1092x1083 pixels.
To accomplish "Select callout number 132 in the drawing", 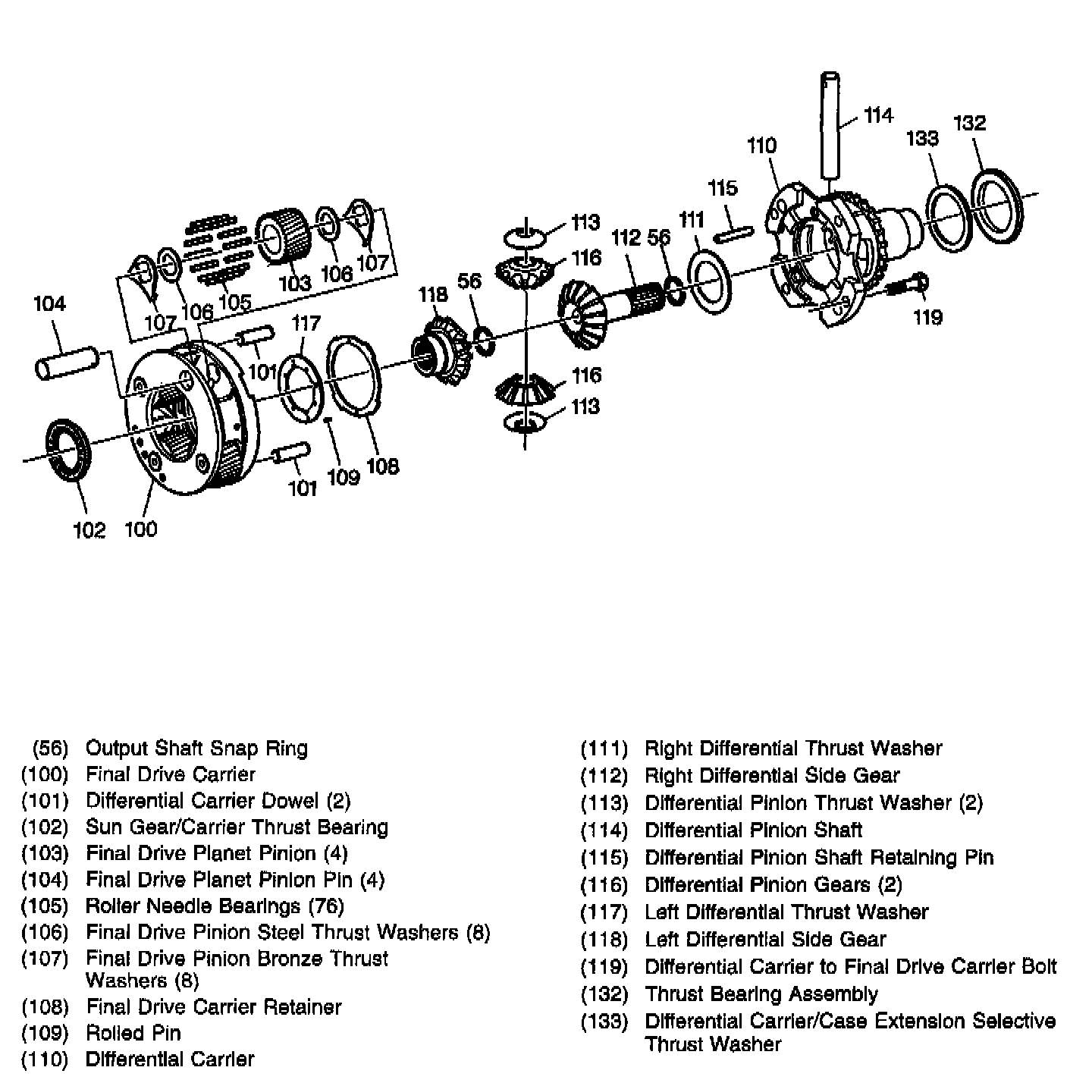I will (x=969, y=123).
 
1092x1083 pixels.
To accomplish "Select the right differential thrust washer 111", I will (x=711, y=282).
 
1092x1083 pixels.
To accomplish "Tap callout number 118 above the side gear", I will (x=433, y=294).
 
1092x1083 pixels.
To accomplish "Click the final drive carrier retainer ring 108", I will (x=355, y=376).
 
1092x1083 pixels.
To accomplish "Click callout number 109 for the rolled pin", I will (x=343, y=477).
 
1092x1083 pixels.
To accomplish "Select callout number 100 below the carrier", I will (x=140, y=529).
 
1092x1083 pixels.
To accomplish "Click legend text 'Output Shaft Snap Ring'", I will (x=196, y=749).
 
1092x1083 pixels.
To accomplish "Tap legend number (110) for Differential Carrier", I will (x=45, y=1059).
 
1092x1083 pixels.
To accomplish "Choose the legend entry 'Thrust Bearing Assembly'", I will (x=761, y=994).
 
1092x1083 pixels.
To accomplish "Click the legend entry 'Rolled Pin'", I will (x=133, y=1033).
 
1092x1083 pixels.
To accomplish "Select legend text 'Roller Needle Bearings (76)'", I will (x=215, y=906).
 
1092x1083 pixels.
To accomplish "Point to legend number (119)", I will (x=604, y=967).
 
